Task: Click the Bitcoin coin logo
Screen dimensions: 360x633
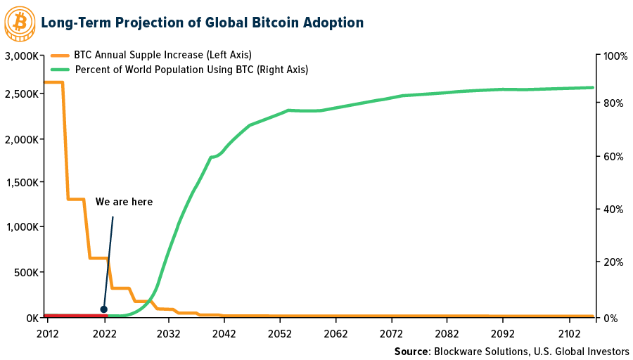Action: [20, 22]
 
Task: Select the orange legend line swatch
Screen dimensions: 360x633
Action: [60, 54]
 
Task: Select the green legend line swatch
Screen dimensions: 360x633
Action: [60, 70]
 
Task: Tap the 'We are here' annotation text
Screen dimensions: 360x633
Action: [124, 202]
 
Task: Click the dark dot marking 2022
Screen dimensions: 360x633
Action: [104, 309]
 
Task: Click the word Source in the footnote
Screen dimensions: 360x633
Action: [411, 351]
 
